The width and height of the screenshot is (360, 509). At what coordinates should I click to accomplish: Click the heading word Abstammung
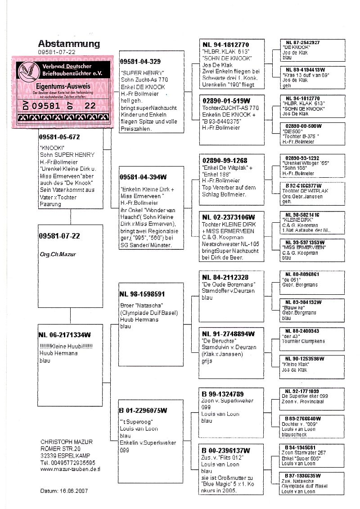pos(69,44)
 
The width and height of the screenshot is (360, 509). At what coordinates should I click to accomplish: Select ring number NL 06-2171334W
pos(66,335)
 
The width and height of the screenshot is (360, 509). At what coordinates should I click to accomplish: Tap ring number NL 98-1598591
pos(142,294)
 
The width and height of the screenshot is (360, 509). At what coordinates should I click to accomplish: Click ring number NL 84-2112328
pos(225,277)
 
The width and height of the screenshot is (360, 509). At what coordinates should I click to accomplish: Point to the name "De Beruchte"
pos(218,341)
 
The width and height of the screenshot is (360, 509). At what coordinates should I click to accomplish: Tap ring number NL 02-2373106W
pos(229,217)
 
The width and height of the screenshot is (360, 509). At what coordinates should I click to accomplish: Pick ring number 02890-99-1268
pos(225,160)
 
